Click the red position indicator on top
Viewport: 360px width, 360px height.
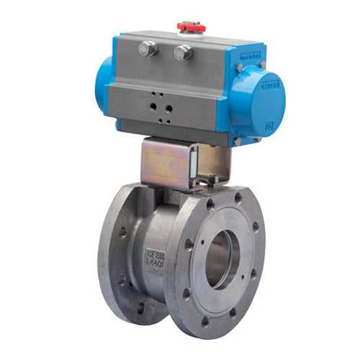point(192,27)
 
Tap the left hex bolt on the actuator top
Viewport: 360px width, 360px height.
point(148,49)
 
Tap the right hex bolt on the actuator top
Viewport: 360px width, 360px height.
point(183,52)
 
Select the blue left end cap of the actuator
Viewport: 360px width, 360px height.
point(104,84)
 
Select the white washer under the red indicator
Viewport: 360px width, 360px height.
point(192,33)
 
